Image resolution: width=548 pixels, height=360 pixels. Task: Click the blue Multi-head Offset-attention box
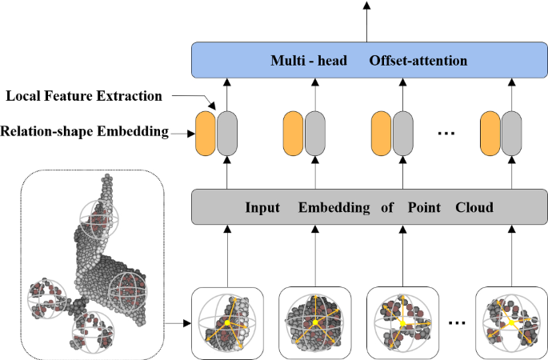click(x=367, y=61)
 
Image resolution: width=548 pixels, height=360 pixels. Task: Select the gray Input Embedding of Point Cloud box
click(x=367, y=208)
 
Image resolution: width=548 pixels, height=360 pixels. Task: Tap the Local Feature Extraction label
click(x=84, y=96)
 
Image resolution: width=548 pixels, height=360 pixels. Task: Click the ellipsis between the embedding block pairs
click(x=446, y=133)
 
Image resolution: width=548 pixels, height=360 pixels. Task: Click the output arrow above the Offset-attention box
click(x=367, y=20)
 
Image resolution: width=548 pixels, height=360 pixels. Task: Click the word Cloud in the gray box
click(x=474, y=208)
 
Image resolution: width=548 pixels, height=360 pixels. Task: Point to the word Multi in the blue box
click(x=286, y=61)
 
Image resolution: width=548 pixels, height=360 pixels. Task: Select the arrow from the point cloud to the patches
click(x=176, y=323)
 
